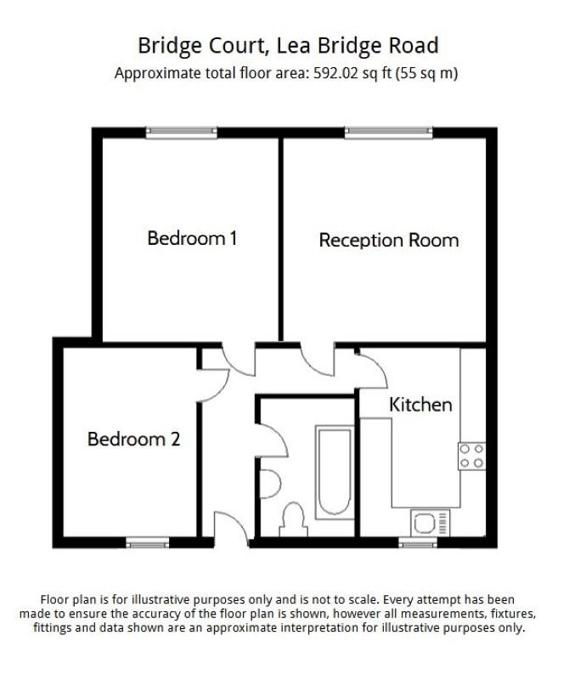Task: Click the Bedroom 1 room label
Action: [x=192, y=238]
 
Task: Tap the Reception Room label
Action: [x=389, y=241]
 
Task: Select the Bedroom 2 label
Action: [x=133, y=440]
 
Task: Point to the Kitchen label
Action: [x=420, y=405]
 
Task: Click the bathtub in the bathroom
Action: [x=334, y=472]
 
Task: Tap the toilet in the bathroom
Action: [x=294, y=520]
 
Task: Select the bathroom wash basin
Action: [x=270, y=485]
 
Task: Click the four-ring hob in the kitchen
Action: [x=472, y=456]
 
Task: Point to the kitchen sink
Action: [x=430, y=524]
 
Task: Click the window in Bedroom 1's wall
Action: [x=182, y=133]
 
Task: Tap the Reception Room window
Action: [x=388, y=133]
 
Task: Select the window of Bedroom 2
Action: [x=148, y=543]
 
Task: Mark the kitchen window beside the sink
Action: [x=418, y=543]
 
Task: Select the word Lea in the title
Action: [x=294, y=46]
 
